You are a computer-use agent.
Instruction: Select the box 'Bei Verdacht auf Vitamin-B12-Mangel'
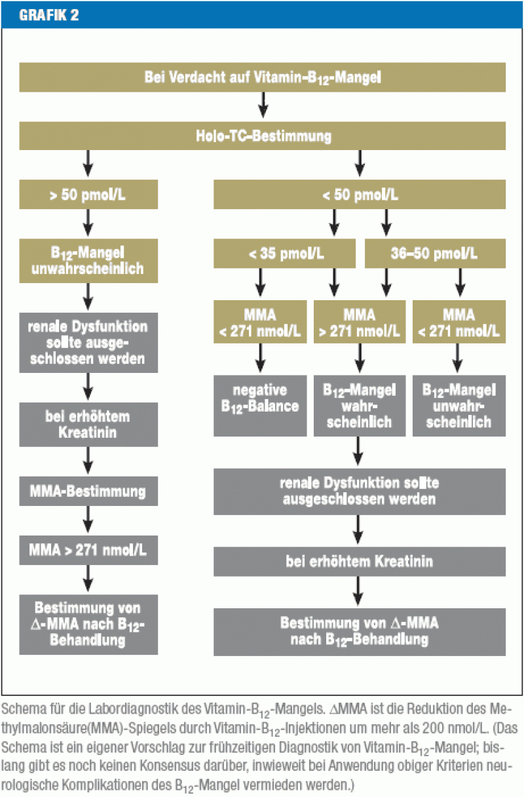[x=262, y=77]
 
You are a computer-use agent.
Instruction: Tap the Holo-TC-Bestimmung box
[x=262, y=136]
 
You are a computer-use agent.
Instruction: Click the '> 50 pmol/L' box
[x=88, y=195]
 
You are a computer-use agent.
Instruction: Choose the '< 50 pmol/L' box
[x=359, y=195]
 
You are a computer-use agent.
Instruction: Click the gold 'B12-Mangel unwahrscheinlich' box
[x=88, y=260]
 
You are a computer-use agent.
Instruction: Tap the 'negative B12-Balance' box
[x=260, y=406]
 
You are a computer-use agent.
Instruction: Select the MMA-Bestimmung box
[x=88, y=491]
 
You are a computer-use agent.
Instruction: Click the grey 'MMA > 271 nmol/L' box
[x=88, y=550]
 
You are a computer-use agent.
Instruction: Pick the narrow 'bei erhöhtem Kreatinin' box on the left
[x=88, y=425]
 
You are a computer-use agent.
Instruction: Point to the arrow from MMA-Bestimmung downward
[x=88, y=520]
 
